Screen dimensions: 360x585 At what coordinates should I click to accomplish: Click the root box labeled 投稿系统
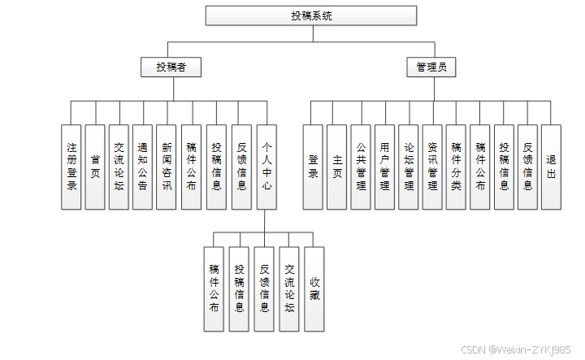pos(311,15)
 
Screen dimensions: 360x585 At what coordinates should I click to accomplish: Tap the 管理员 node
pos(431,67)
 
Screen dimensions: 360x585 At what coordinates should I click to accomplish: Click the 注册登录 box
pos(71,167)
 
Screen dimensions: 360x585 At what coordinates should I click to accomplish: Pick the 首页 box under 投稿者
pos(96,167)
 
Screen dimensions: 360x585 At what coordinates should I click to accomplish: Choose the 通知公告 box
pos(143,167)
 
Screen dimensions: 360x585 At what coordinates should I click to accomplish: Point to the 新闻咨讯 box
pos(167,167)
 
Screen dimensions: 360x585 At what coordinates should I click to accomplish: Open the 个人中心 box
pos(266,167)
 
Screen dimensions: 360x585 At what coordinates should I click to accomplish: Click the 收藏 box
pos(314,288)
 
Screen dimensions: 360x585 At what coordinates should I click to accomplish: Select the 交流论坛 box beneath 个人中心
pos(290,288)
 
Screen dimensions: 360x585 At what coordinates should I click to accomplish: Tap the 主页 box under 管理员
pos(338,167)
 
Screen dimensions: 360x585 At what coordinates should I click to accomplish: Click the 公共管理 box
pos(362,167)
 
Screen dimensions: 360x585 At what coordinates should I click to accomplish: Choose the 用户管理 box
pos(385,167)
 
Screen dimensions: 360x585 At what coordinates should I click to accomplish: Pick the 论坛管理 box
pos(409,167)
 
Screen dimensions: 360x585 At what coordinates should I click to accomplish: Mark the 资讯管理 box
pos(433,167)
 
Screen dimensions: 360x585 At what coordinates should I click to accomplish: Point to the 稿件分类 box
pos(457,167)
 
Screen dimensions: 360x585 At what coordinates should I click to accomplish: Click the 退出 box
pos(552,167)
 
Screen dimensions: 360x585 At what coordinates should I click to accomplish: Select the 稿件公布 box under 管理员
pos(480,167)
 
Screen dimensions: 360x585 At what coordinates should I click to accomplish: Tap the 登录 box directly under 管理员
pos(314,167)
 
